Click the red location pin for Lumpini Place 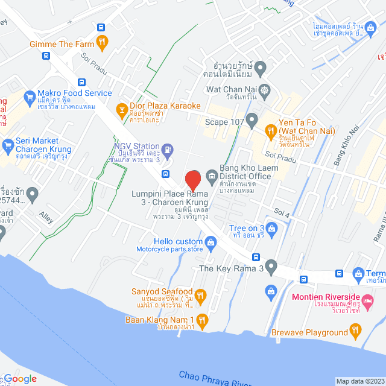192,180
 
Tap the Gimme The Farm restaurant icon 102,42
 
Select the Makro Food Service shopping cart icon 28,96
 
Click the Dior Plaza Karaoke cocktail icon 120,109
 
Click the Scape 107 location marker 252,118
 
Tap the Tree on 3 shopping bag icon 271,228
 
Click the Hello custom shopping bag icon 210,242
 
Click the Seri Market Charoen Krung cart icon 8,145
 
